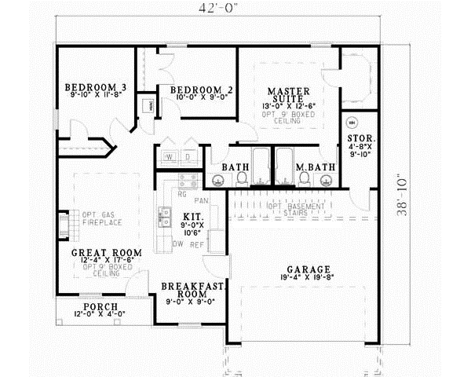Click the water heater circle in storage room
pyautogui.click(x=352, y=123)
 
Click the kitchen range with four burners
pyautogui.click(x=187, y=182)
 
